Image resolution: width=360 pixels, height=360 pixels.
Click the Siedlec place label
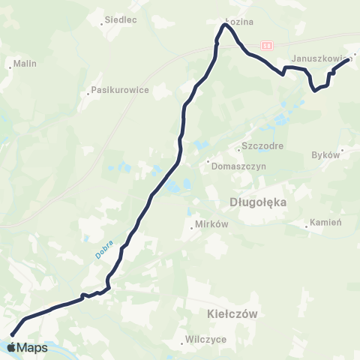(121, 19)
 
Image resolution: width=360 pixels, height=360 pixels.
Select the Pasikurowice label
(120, 89)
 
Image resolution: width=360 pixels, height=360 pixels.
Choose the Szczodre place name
(262, 146)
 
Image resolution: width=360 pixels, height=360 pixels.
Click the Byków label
(325, 154)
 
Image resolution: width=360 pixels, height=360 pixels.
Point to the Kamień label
(328, 223)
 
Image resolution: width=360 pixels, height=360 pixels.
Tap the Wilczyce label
(205, 338)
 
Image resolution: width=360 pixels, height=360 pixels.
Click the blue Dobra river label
(103, 250)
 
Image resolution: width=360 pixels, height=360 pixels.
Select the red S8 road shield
(267, 46)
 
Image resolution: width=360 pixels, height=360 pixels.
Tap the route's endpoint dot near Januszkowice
(349, 61)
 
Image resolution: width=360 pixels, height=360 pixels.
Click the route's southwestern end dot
(13, 334)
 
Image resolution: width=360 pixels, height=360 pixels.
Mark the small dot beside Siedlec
(102, 24)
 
